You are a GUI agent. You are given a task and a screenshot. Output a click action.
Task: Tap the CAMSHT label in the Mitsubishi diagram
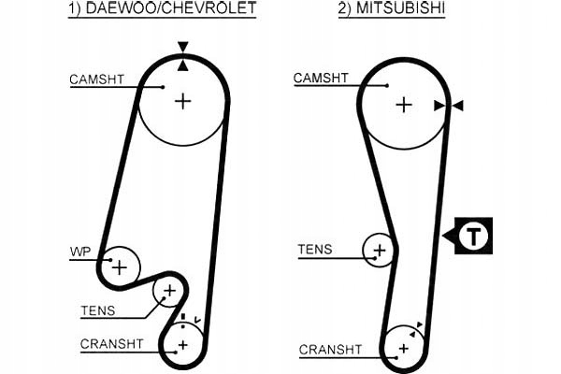tap(322, 78)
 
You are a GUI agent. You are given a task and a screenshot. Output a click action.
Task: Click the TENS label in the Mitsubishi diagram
tap(315, 249)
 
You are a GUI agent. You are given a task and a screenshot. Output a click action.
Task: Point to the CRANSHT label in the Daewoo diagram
tap(112, 344)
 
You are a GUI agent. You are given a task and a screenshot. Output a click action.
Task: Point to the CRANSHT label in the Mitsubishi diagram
tap(330, 350)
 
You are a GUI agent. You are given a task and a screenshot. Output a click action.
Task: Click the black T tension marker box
tap(475, 236)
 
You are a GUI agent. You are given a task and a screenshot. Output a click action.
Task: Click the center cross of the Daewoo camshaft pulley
tap(183, 100)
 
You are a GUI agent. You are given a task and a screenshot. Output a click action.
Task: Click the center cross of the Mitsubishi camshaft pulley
tap(403, 105)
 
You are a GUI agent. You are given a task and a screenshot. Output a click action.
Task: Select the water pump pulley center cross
tap(119, 266)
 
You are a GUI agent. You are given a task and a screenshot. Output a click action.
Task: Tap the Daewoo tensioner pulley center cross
tap(169, 293)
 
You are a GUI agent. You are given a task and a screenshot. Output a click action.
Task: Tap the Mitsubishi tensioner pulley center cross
tap(380, 251)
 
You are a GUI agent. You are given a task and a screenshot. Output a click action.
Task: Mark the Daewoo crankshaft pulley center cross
tap(183, 345)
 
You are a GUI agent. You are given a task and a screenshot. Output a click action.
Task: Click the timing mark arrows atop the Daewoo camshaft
tap(183, 54)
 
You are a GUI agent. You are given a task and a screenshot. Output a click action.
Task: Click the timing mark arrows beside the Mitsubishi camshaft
tap(449, 107)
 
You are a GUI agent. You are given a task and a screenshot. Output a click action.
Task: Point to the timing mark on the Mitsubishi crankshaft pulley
tap(418, 325)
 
